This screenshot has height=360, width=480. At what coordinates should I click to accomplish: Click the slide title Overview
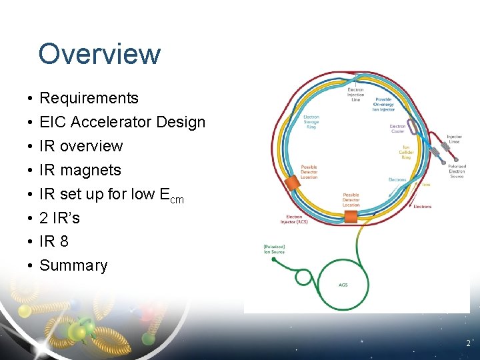[x=99, y=54]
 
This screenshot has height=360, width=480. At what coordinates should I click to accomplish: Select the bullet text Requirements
[x=89, y=98]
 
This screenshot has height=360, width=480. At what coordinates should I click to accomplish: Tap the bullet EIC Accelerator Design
[x=122, y=122]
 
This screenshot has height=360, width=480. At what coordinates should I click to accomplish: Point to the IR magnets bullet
[x=80, y=170]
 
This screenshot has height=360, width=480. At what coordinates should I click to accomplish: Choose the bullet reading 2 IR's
[x=59, y=217]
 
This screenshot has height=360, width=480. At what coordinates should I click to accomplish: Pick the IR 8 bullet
[x=53, y=241]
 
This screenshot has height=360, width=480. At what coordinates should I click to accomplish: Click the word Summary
[x=73, y=265]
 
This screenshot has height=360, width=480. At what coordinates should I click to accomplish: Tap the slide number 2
[x=468, y=344]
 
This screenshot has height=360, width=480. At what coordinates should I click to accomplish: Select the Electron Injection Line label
[x=355, y=95]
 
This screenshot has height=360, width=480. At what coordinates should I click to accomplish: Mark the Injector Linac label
[x=454, y=139]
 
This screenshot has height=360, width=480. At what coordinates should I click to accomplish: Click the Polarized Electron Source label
[x=457, y=171]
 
